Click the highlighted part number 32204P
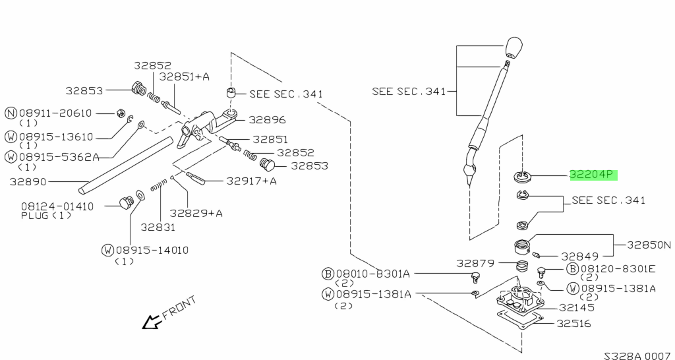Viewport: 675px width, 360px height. pyautogui.click(x=592, y=175)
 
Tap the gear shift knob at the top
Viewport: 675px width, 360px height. pyautogui.click(x=514, y=48)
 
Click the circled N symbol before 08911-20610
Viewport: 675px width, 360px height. pyautogui.click(x=11, y=113)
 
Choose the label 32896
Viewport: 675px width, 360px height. pyautogui.click(x=267, y=120)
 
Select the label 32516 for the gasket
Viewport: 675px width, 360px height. pyautogui.click(x=573, y=324)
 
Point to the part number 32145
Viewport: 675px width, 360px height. pyautogui.click(x=577, y=307)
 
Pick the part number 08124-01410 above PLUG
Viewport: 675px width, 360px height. pyautogui.click(x=57, y=206)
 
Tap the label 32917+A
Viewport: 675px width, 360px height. pyautogui.click(x=251, y=181)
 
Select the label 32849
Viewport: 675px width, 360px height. pyautogui.click(x=579, y=256)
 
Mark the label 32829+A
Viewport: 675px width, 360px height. pyautogui.click(x=196, y=213)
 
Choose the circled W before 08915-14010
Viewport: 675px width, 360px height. pyautogui.click(x=108, y=250)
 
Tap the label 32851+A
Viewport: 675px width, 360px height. pyautogui.click(x=184, y=76)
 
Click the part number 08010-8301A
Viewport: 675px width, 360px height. pyautogui.click(x=373, y=274)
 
